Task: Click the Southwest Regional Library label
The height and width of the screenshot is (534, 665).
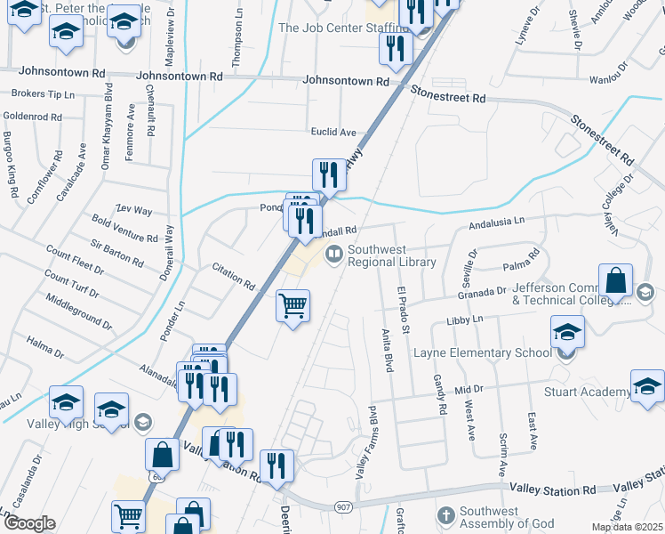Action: tap(391, 256)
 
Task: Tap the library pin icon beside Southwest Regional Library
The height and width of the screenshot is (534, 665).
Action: tap(334, 255)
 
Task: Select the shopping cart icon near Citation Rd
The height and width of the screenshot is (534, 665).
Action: tap(293, 306)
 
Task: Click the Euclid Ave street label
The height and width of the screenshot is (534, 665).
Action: tap(333, 133)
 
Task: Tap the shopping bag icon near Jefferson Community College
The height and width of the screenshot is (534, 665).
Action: tap(615, 281)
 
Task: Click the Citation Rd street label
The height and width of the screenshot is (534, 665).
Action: tap(234, 277)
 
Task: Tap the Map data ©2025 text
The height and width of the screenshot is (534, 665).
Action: tap(626, 527)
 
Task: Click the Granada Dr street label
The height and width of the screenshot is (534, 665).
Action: tap(482, 290)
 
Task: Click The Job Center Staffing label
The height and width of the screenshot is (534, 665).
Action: tap(330, 28)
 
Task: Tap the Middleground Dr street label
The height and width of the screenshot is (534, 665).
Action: tap(79, 312)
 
